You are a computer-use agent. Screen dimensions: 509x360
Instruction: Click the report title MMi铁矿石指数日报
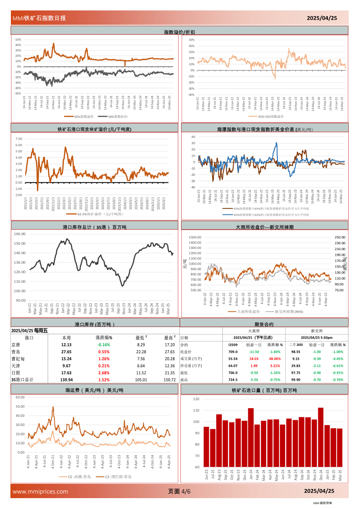(x=39, y=18)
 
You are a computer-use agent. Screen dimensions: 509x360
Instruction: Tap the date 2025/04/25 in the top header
(x=322, y=18)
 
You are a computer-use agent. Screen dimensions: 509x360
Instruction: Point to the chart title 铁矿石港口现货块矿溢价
(x=94, y=129)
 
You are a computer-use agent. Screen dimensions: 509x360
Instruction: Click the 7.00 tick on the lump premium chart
(x=19, y=139)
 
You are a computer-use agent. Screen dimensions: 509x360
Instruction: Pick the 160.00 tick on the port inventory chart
(x=20, y=234)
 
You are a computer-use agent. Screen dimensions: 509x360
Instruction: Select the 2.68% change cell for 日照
(x=103, y=373)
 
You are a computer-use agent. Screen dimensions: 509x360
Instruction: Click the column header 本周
(x=67, y=337)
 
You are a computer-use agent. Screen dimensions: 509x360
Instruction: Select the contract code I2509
(x=233, y=345)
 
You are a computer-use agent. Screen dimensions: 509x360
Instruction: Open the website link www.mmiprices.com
(x=40, y=492)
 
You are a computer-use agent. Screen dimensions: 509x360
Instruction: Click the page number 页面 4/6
(x=179, y=492)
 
